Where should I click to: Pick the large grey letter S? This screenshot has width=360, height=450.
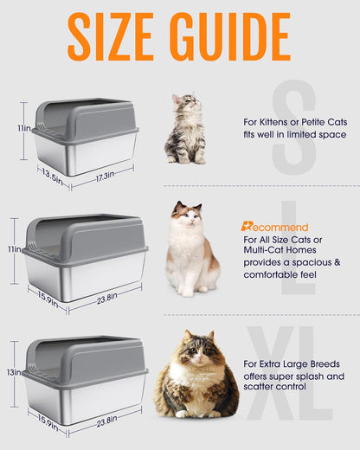point(292,130)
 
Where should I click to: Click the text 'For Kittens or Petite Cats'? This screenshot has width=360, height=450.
point(294,122)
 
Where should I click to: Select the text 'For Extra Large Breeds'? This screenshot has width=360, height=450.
point(291,364)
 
